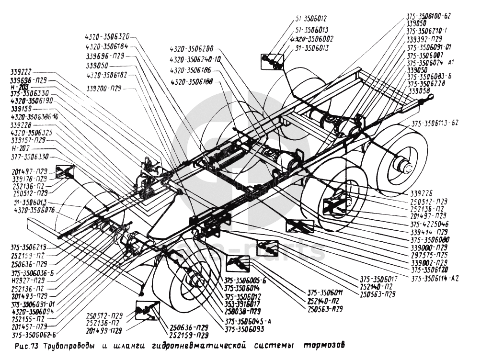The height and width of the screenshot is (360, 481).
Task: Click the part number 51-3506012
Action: [311, 19]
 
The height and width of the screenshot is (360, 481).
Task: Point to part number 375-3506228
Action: [426, 83]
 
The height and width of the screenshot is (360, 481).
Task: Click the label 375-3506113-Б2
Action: [435, 123]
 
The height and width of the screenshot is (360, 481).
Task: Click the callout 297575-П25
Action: [429, 255]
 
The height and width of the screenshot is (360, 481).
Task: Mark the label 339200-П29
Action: [104, 89]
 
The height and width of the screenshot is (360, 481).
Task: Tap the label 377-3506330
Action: [32, 157]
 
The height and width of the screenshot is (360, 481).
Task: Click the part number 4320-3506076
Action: [34, 210]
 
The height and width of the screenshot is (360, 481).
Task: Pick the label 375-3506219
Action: [29, 247]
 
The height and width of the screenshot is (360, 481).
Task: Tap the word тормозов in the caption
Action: [324, 345]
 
